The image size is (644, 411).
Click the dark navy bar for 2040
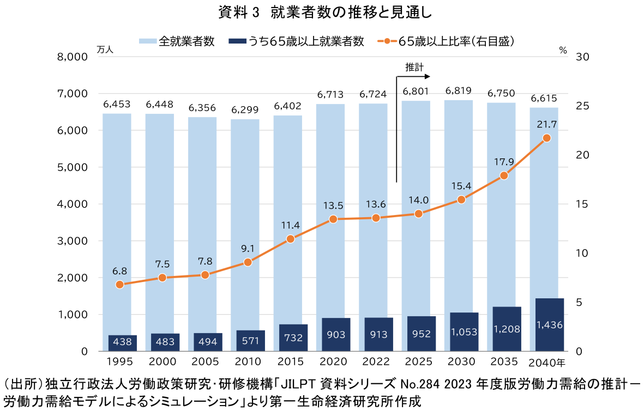coord(549,324)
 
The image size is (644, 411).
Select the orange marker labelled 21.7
coord(546,138)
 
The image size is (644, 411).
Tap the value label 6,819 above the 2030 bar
coord(459,90)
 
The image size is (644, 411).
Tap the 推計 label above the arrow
coord(414,67)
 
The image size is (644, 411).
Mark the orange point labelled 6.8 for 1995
coord(120,285)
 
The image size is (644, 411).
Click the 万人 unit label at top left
coord(105,50)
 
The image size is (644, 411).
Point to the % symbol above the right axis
coord(563,50)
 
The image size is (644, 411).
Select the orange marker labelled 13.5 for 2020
coord(334,219)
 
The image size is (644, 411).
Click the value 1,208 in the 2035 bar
coord(507,329)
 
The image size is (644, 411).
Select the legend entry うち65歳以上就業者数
coord(305,41)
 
